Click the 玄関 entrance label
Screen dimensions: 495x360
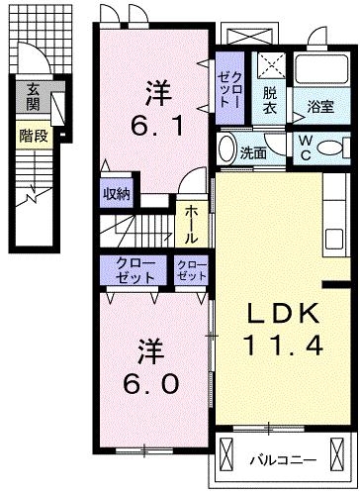pyautogui.click(x=34, y=95)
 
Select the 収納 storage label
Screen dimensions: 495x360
pyautogui.click(x=116, y=193)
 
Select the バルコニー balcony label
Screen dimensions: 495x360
pyautogui.click(x=282, y=460)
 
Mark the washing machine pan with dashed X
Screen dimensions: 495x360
pyautogui.click(x=271, y=66)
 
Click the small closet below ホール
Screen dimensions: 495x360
pyautogui.click(x=192, y=272)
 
